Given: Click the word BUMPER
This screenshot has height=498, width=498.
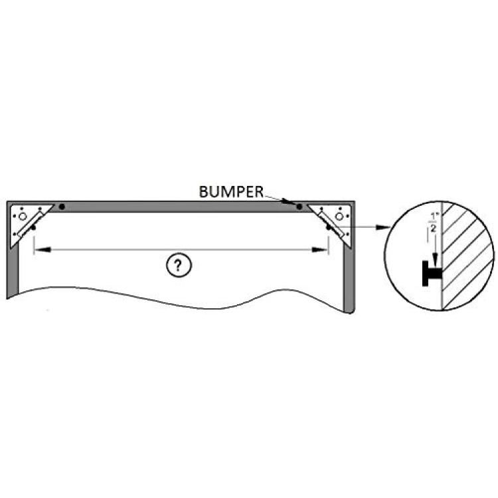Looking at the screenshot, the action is point(231,192).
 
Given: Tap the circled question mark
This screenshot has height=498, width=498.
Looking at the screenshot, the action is point(179,265).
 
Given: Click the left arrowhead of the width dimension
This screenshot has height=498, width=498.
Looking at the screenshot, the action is point(42,250).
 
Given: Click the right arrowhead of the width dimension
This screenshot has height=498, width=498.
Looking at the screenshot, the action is point(319,250).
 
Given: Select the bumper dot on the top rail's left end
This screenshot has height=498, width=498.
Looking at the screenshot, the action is point(62,207).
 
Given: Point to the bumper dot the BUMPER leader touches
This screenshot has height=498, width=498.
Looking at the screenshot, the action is point(299,207).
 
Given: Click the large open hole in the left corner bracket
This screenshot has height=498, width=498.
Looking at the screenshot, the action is point(22,216).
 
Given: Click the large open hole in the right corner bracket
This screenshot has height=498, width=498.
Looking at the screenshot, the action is point(339,216).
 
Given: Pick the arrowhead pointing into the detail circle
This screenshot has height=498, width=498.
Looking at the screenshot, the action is point(383,227).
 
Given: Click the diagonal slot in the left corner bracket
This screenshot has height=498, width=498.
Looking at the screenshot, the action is point(31,224).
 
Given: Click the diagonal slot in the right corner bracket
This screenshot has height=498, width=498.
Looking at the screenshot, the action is point(331,224).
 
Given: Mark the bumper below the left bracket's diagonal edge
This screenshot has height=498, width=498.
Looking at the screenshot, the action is point(33,227).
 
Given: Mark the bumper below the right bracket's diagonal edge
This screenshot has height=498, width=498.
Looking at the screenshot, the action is point(329,227).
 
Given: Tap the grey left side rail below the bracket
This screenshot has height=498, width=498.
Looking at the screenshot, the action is point(13,270).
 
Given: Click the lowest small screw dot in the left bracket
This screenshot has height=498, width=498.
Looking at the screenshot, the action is point(15,234).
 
